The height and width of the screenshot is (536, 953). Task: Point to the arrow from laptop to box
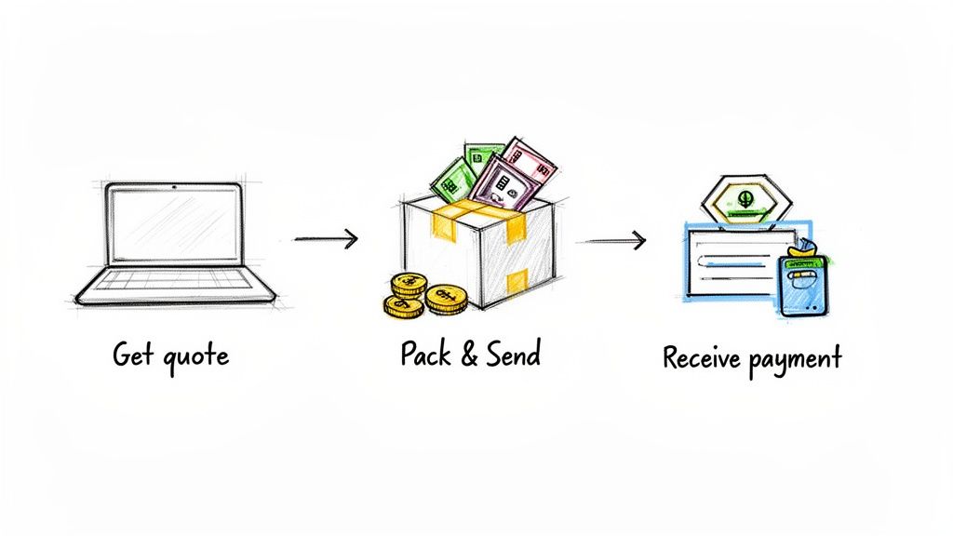pyautogui.click(x=326, y=239)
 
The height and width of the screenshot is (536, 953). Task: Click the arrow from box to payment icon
pyautogui.click(x=611, y=242)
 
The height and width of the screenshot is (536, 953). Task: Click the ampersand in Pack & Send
pyautogui.click(x=471, y=355)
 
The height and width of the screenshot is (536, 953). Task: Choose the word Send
pyautogui.click(x=513, y=354)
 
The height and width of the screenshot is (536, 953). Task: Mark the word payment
pyautogui.click(x=796, y=359)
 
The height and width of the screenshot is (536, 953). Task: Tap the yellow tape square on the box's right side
pyautogui.click(x=517, y=279)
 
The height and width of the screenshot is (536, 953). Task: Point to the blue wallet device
pyautogui.click(x=802, y=284)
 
